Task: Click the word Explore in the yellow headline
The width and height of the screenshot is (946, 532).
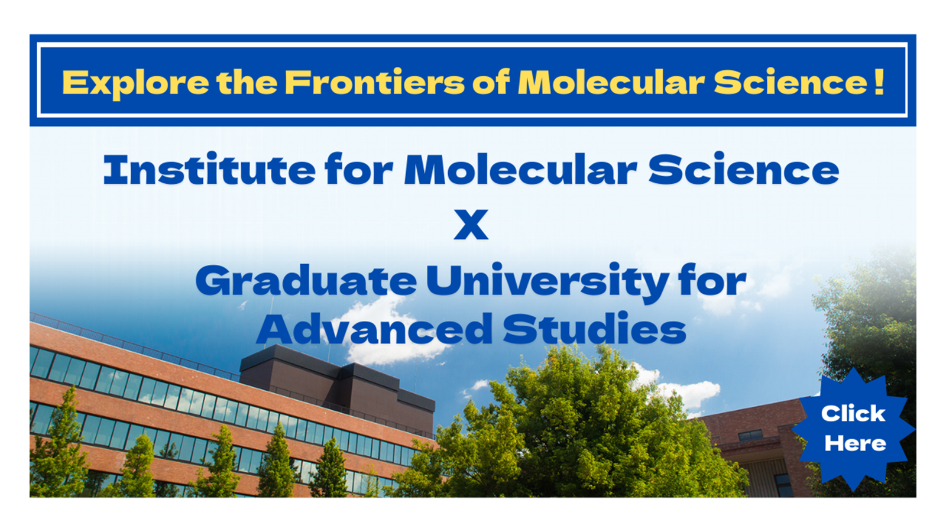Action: point(135,83)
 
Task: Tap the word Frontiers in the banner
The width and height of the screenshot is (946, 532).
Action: point(375,82)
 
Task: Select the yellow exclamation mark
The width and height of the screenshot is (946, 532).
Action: point(879,82)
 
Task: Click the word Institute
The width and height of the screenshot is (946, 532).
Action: point(209,170)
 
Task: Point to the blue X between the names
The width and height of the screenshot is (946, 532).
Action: point(471,224)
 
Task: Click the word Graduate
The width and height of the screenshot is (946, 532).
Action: point(306,280)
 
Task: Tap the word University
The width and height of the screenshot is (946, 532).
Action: point(547,282)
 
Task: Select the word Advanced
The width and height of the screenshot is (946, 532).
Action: point(375,329)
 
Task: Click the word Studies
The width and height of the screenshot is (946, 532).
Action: point(595,329)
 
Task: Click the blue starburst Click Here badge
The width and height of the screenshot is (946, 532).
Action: point(853,429)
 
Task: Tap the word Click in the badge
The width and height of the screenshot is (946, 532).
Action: point(853,413)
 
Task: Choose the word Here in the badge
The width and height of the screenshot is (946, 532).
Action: point(855,444)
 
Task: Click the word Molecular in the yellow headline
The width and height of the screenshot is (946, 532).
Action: point(611,82)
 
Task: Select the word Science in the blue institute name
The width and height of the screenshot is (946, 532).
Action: point(744,170)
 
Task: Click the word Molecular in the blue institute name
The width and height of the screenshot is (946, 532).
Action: point(521,170)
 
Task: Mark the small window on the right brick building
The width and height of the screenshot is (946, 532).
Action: point(750,435)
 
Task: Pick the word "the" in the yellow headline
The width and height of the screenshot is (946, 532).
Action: point(247,82)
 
